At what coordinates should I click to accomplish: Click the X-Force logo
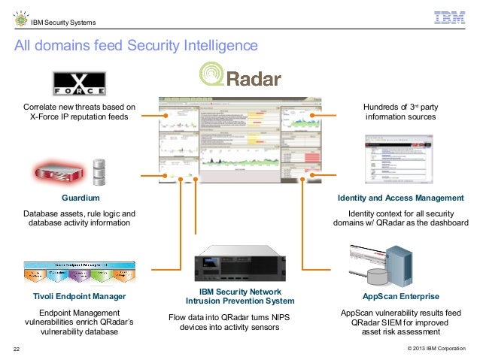tap(79, 83)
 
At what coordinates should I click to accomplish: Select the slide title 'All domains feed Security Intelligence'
tap(136, 47)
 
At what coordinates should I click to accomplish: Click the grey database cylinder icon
tap(98, 171)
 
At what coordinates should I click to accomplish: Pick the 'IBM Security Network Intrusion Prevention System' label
tap(240, 297)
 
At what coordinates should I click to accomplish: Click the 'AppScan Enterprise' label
tap(400, 297)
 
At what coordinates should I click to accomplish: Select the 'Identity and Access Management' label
tap(400, 198)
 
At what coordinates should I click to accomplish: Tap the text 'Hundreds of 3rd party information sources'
tap(400, 113)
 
